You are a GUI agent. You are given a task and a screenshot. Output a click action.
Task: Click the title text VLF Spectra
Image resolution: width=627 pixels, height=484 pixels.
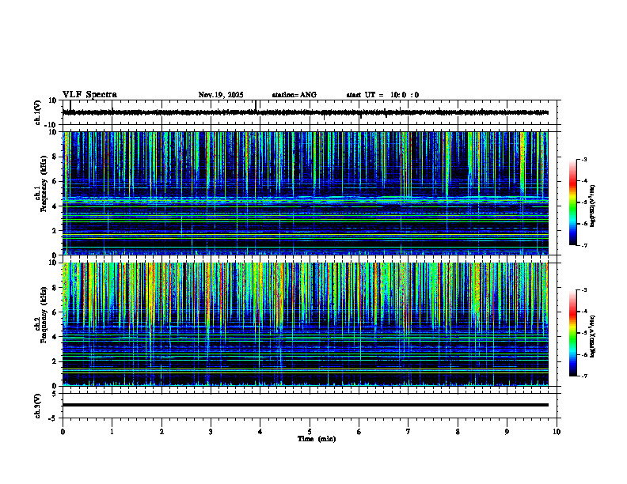[x=89, y=95]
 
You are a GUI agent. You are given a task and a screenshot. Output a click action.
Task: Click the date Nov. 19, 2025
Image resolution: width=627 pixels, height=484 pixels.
[x=221, y=95]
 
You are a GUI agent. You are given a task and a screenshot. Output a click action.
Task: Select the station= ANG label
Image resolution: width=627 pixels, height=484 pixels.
[x=294, y=95]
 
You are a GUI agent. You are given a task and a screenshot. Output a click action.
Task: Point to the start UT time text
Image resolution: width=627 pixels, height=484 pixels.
[x=382, y=95]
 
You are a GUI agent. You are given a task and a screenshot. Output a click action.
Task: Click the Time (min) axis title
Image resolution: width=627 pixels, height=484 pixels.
[x=316, y=439]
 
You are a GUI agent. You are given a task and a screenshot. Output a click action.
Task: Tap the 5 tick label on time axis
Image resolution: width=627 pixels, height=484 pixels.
[x=310, y=432]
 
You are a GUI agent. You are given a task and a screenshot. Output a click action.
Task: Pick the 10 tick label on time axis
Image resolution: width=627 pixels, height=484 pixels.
[x=557, y=432]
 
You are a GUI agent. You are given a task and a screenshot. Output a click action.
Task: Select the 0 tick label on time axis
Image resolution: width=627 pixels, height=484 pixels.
[x=63, y=432]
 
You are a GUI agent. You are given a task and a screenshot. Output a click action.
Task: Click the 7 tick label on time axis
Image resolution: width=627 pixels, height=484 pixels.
[x=408, y=432]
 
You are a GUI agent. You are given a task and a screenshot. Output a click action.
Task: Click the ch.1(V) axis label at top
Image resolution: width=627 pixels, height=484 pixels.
[x=37, y=112]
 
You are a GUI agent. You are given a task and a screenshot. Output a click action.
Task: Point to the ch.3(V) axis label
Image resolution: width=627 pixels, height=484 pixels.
[x=37, y=405]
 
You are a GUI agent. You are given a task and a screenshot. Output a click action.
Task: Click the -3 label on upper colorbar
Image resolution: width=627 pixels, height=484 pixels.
[x=583, y=160]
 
